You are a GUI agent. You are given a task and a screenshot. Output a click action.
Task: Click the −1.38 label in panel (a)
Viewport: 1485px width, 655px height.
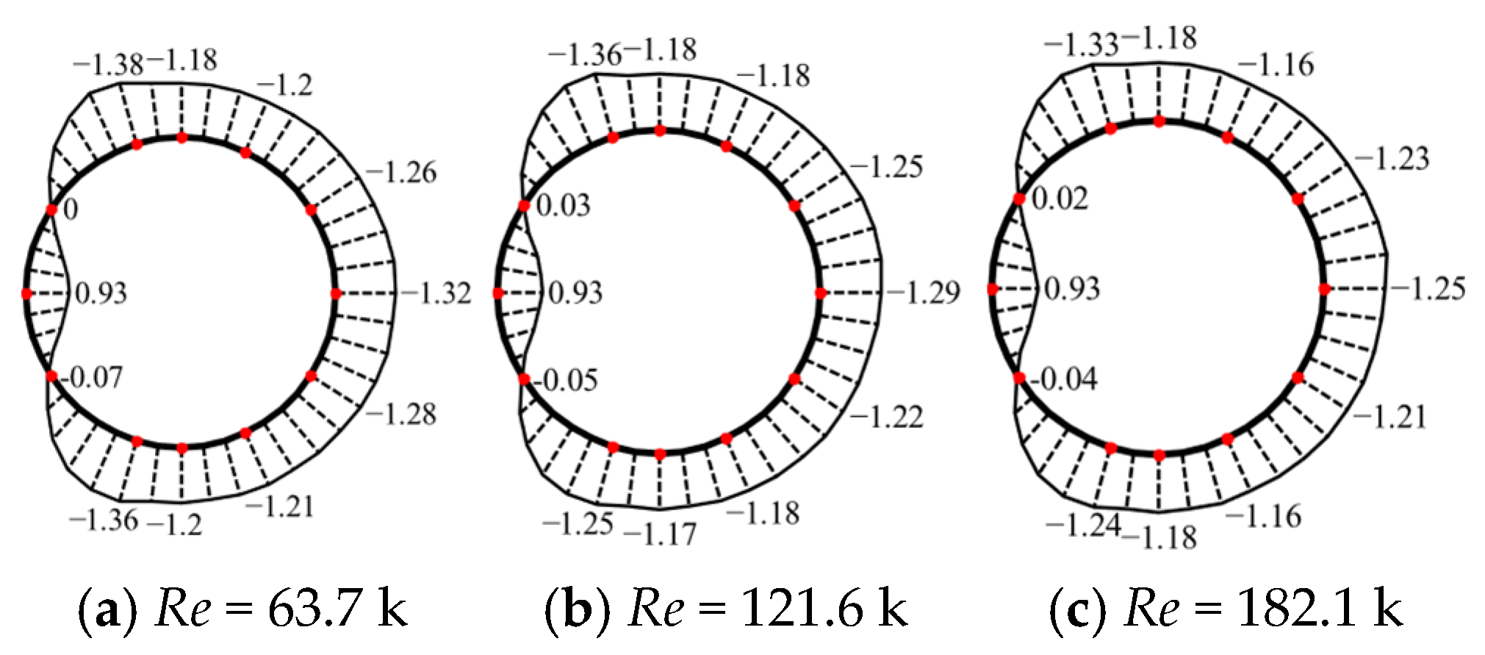(109, 65)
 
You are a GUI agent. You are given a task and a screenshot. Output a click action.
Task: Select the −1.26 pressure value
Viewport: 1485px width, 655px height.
(401, 172)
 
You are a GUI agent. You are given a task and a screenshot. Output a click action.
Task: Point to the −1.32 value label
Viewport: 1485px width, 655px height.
(436, 293)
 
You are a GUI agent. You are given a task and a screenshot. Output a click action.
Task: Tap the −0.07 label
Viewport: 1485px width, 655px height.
(93, 378)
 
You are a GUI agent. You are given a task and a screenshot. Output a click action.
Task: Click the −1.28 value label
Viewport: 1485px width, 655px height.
(401, 414)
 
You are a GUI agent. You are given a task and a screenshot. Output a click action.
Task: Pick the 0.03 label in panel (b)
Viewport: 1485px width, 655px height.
(564, 205)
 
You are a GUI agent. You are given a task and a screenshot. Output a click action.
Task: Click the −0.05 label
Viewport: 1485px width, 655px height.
(566, 380)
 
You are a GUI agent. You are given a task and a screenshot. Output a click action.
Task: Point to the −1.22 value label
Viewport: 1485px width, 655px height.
(887, 417)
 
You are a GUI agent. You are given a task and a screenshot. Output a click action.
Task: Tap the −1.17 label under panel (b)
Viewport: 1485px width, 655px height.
(660, 534)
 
